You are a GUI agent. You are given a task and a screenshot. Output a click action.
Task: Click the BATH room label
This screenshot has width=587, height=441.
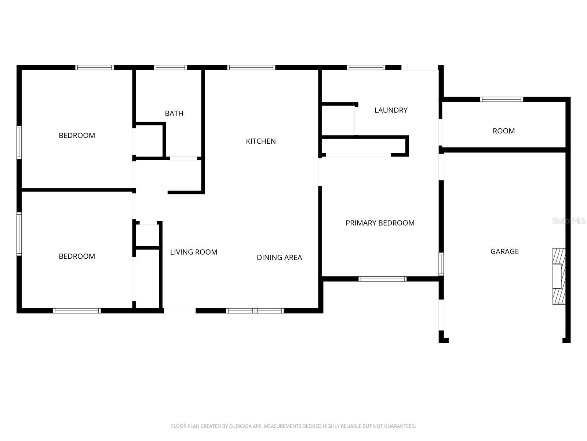(174, 114)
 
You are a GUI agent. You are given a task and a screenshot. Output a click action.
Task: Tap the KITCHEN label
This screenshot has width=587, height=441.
(260, 141)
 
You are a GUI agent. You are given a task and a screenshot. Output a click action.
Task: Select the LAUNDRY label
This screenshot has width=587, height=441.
(391, 110)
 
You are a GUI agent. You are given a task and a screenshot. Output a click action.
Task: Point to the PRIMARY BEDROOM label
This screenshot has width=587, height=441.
(380, 223)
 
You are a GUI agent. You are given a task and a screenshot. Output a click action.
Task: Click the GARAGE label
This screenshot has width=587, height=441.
(504, 251)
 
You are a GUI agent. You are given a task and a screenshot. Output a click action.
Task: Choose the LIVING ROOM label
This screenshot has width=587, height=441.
(194, 252)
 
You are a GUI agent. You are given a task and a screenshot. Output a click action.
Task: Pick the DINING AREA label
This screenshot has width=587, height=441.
(279, 258)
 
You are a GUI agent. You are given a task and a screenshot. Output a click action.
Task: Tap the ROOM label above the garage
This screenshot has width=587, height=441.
(503, 131)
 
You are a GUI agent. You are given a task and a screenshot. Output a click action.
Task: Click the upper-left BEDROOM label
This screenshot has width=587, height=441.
(77, 136)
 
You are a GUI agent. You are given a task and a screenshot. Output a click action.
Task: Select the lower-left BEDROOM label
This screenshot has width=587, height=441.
(77, 257)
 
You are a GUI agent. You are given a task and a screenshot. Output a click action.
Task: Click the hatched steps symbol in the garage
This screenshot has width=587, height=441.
(559, 276)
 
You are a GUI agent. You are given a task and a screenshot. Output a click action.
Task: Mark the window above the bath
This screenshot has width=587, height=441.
(170, 68)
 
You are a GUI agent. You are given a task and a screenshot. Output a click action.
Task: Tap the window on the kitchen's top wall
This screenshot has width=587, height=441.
(251, 68)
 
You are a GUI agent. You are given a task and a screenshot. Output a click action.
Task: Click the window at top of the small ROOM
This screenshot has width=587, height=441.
(501, 99)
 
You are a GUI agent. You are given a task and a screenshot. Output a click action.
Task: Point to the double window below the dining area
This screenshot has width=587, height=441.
(255, 311)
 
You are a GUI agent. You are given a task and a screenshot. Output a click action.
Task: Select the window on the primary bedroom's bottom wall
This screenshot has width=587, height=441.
(382, 279)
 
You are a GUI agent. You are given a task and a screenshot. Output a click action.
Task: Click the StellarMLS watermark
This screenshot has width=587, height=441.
(569, 221)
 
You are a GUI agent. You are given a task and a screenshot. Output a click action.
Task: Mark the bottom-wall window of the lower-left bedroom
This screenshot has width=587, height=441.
(77, 311)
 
